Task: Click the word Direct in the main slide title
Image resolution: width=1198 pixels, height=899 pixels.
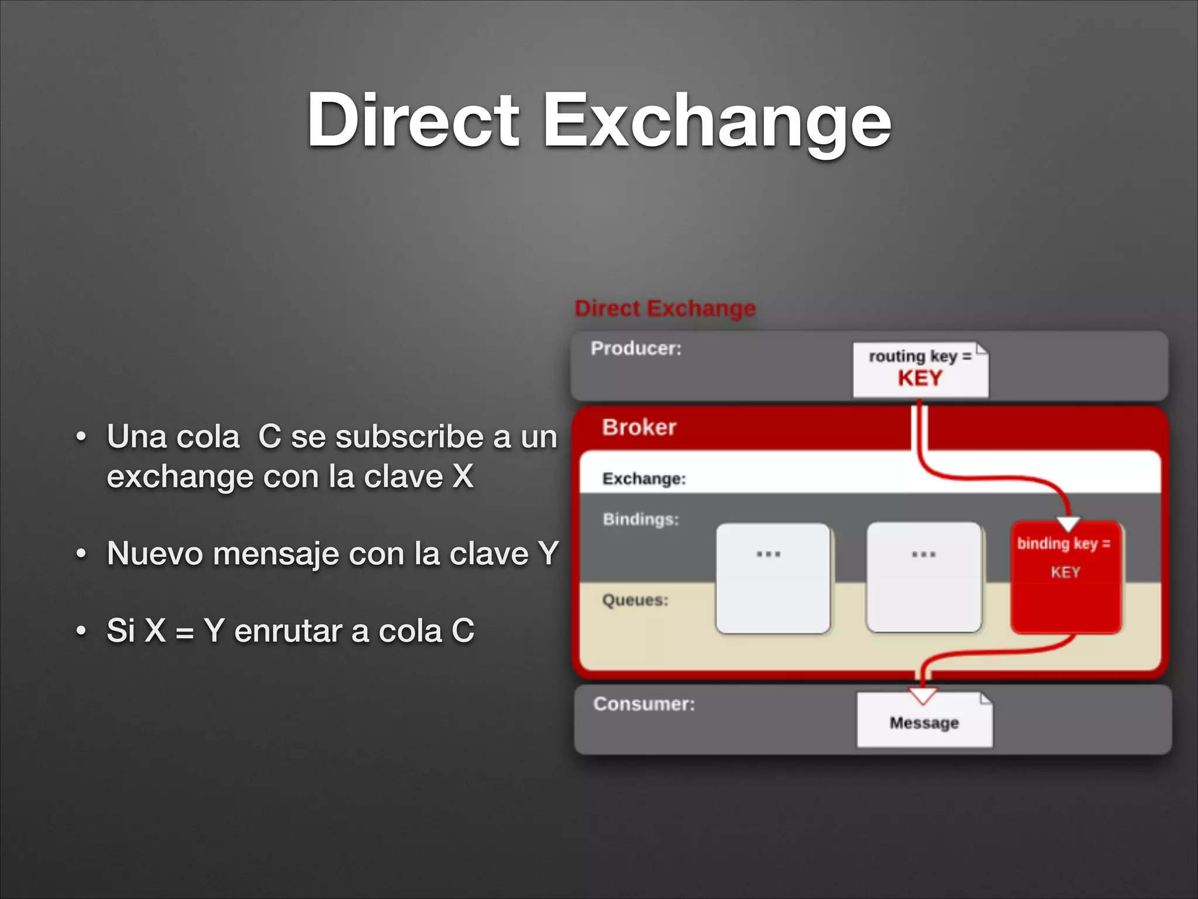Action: (x=413, y=120)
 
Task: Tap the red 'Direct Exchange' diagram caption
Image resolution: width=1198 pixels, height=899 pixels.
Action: (x=665, y=308)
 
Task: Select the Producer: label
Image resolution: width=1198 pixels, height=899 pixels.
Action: (x=636, y=348)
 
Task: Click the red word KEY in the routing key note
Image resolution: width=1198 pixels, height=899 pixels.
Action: (x=920, y=379)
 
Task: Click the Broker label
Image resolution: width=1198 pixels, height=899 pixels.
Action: (x=639, y=427)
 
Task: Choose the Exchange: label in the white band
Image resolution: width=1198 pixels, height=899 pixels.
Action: (x=644, y=479)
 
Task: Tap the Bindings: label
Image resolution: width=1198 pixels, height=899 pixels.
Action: (x=641, y=519)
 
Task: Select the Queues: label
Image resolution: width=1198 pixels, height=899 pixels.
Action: (x=635, y=600)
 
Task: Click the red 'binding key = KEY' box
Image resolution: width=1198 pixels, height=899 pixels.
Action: (x=1065, y=577)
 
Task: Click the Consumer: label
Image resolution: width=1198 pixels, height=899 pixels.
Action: (x=644, y=704)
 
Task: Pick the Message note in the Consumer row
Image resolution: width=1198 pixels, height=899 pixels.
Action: (x=924, y=722)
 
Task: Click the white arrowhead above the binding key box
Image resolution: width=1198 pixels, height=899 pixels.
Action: (x=1069, y=523)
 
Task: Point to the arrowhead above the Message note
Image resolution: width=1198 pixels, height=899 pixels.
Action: (x=923, y=695)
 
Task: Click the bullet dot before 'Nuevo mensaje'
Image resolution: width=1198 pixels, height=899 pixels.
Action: (x=81, y=553)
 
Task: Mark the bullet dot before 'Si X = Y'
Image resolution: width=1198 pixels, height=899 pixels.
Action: (x=81, y=631)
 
